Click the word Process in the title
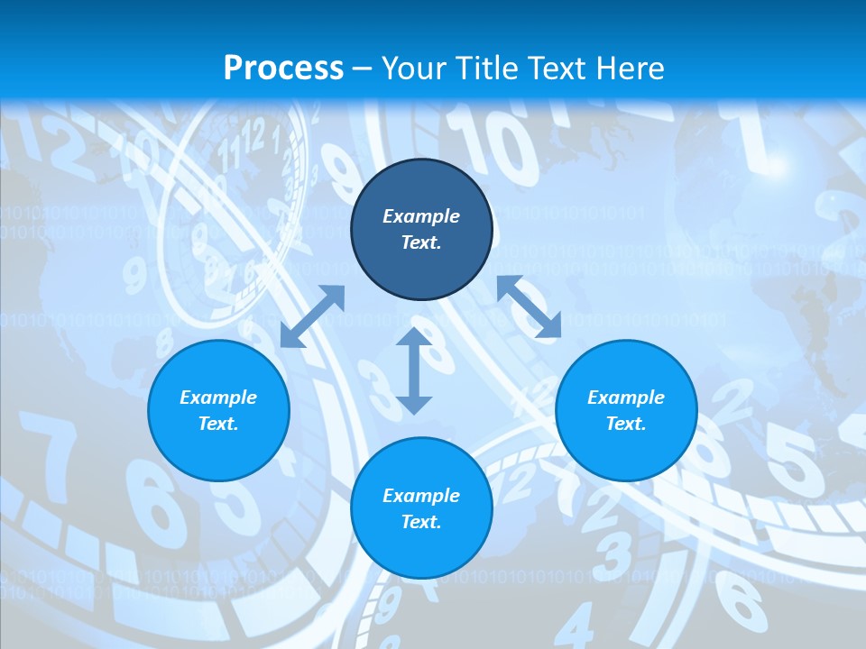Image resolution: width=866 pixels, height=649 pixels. (x=283, y=69)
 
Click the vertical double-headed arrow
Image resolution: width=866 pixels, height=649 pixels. (x=413, y=370)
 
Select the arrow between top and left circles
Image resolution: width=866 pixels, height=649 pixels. (x=312, y=316)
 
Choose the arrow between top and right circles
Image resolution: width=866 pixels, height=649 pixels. (x=529, y=306)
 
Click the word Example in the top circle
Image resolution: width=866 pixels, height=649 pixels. (x=421, y=216)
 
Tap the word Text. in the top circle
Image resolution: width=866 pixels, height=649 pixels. (x=421, y=242)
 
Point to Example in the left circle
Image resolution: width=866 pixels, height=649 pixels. (x=218, y=398)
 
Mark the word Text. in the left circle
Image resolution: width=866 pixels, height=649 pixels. (x=218, y=424)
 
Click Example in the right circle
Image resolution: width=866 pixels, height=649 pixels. (x=626, y=398)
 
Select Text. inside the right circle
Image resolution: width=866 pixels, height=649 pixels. (x=626, y=424)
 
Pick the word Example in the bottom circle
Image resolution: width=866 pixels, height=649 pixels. (x=421, y=496)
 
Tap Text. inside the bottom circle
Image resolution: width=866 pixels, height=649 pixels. (x=421, y=522)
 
